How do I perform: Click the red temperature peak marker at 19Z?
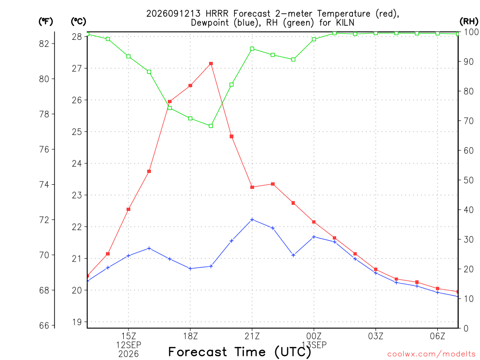211,64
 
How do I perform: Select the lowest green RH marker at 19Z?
211,126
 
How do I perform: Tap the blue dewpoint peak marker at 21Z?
252,219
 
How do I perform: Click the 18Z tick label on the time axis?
190,336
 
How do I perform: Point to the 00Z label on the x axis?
314,336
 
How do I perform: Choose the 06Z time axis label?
437,336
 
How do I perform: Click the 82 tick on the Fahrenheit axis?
44,44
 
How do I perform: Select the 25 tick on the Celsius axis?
77,132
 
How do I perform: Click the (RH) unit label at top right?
469,22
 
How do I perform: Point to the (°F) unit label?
45,22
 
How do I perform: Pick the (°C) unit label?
78,22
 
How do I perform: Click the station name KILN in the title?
345,22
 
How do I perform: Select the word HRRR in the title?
217,14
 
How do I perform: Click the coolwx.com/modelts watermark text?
431,354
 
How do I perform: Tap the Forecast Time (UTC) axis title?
240,352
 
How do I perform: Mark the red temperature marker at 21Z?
252,187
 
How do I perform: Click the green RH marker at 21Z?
252,49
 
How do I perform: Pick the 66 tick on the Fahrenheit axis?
44,325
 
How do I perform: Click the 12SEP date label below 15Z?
128,345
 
